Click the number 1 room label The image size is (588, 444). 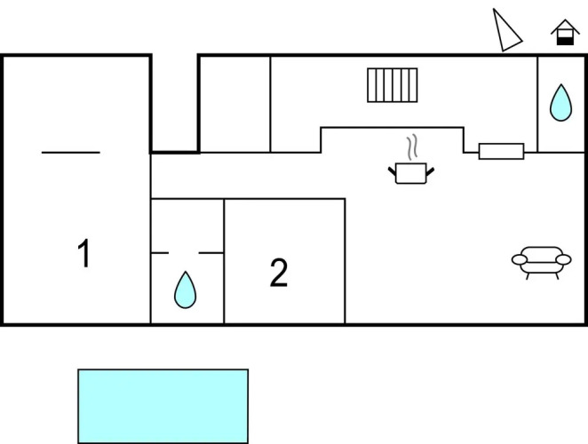click(x=83, y=255)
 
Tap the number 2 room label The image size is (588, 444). click(x=279, y=274)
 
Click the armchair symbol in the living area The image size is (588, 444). click(x=542, y=260)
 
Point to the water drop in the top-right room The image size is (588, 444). click(x=560, y=103)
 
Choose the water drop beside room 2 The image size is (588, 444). click(x=185, y=289)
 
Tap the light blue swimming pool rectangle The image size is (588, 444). click(x=163, y=406)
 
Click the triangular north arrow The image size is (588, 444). click(x=507, y=31)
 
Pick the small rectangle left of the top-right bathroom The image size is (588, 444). click(x=501, y=152)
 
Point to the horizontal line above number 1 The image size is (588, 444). click(x=71, y=153)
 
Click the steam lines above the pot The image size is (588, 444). click(x=410, y=146)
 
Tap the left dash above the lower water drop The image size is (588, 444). click(x=160, y=253)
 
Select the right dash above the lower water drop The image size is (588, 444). click(x=211, y=253)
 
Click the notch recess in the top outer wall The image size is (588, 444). click(x=174, y=102)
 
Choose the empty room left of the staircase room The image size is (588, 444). click(x=234, y=103)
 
